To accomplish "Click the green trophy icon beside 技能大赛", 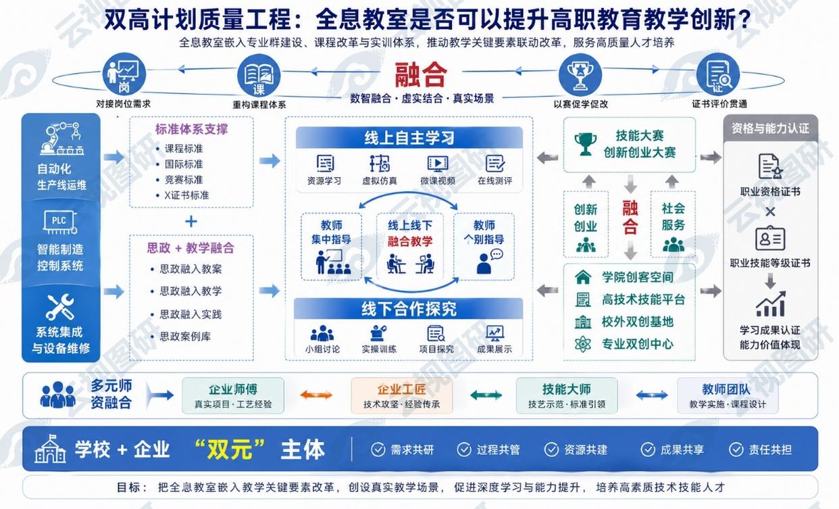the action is click(586, 144).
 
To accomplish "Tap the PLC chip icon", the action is click(60, 222).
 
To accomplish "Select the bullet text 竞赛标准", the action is click(184, 180).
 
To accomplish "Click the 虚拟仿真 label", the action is click(380, 181).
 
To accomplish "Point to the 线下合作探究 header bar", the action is click(408, 309).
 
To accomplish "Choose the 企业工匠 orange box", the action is click(401, 396).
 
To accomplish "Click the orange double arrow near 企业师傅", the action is click(316, 395).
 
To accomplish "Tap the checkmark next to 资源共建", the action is click(551, 449).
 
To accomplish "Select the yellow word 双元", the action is click(230, 449).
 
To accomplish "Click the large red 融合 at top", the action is click(421, 75).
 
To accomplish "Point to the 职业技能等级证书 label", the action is click(770, 263).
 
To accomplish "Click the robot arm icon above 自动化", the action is click(61, 139).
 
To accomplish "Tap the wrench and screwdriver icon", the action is click(60, 307).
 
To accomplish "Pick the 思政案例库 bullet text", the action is click(185, 336).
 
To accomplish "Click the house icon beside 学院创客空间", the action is click(583, 277).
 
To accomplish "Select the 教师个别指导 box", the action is click(484, 246).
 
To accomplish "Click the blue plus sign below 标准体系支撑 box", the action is click(191, 221).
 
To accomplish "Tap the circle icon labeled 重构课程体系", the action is click(259, 75).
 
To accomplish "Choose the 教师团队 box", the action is click(728, 396).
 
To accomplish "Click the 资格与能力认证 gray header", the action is click(770, 128).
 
